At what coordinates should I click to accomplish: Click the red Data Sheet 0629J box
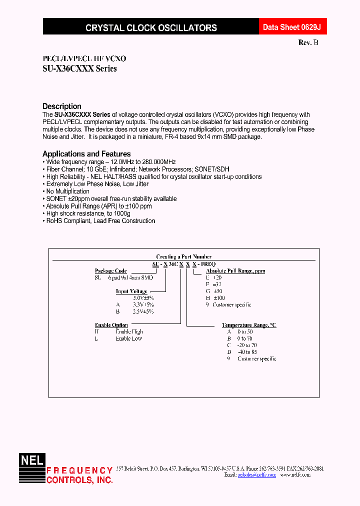pos(288,27)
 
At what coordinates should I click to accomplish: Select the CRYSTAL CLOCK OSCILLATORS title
pos(151,28)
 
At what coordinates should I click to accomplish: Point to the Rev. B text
pos(308,43)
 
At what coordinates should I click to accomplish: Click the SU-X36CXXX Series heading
pos(79,69)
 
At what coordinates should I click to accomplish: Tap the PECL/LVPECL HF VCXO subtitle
pos(77,58)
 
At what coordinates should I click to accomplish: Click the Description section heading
pos(62,106)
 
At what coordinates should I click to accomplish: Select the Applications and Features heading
pos(86,154)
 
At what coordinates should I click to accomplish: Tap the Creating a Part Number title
pos(183,256)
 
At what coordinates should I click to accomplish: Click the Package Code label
pos(110,271)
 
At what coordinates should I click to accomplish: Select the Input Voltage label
pos(131,291)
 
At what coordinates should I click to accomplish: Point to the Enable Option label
pos(111,325)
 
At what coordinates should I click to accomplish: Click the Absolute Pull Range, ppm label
pos(235,271)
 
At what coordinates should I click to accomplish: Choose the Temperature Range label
pos(249,325)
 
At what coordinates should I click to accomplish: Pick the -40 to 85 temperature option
pos(247,352)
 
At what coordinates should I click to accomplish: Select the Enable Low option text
pos(129,338)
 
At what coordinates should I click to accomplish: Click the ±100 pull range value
pos(225,298)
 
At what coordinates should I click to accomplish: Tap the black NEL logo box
pos(32,460)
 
